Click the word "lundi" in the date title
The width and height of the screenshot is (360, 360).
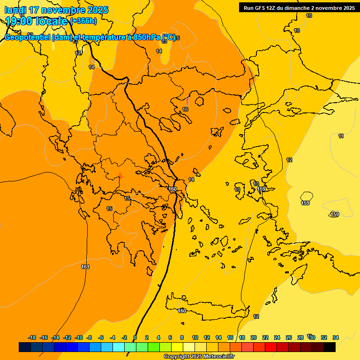pos(15,10)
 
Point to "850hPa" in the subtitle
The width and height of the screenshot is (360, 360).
pos(145,37)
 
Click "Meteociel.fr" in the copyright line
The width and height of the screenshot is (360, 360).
pos(219,357)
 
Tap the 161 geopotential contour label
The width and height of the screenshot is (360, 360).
pos(85,267)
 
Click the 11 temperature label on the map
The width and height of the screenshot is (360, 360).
pos(341,136)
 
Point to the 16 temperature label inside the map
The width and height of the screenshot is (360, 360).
pos(185,109)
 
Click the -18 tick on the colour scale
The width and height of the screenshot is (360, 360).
pos(32,337)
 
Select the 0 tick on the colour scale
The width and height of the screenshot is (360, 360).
pos(135,337)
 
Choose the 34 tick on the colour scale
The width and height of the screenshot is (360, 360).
pos(336,337)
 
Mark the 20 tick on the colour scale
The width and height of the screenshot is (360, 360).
pos(254,337)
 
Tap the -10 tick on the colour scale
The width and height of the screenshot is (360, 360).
pos(79,337)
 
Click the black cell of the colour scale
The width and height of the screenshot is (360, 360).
pos(330,347)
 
